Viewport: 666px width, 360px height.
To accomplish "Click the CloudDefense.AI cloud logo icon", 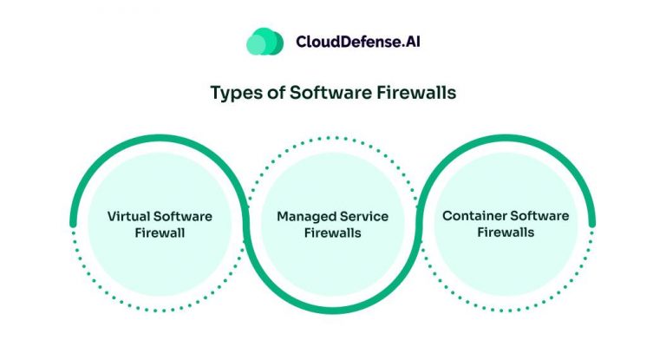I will point(264,42).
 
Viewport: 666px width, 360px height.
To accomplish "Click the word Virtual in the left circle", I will point(129,216).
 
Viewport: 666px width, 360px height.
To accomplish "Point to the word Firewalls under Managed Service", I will point(333,232).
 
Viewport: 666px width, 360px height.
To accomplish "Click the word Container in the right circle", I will point(473,215).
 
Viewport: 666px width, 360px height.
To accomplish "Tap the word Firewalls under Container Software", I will point(505,232).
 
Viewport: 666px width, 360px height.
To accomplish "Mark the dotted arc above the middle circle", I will point(333,138).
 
